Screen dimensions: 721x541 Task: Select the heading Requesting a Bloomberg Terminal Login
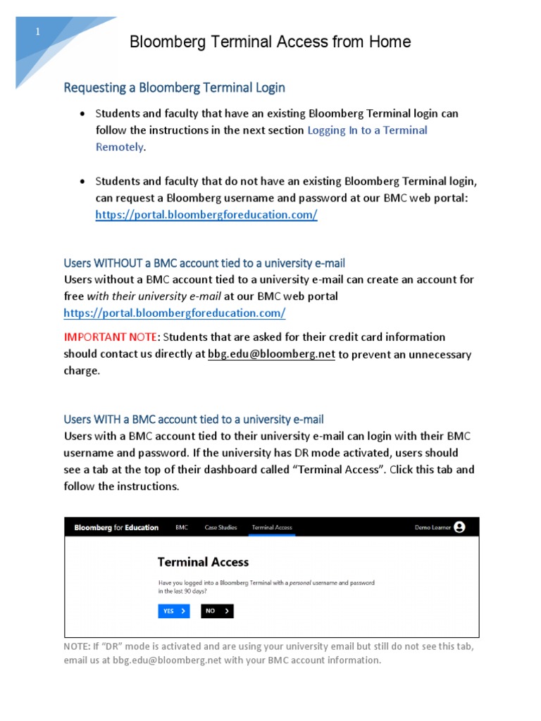[174, 87]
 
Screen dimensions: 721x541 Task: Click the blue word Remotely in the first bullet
[119, 146]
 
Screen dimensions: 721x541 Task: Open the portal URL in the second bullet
[206, 215]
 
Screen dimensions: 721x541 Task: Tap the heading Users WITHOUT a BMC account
[204, 263]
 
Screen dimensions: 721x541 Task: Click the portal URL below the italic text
[174, 312]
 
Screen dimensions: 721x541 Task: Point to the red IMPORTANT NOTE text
[109, 337]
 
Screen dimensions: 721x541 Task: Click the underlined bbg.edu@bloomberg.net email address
[271, 354]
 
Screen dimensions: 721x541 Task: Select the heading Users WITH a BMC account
[194, 419]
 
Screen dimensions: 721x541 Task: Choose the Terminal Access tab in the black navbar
[272, 527]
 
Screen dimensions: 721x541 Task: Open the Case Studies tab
[220, 527]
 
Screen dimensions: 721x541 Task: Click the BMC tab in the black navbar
[182, 527]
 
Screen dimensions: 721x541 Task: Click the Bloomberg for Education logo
[116, 527]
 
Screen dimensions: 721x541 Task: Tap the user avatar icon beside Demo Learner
[459, 527]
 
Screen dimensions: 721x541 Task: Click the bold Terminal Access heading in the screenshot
[203, 562]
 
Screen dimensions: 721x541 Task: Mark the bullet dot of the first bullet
[83, 113]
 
